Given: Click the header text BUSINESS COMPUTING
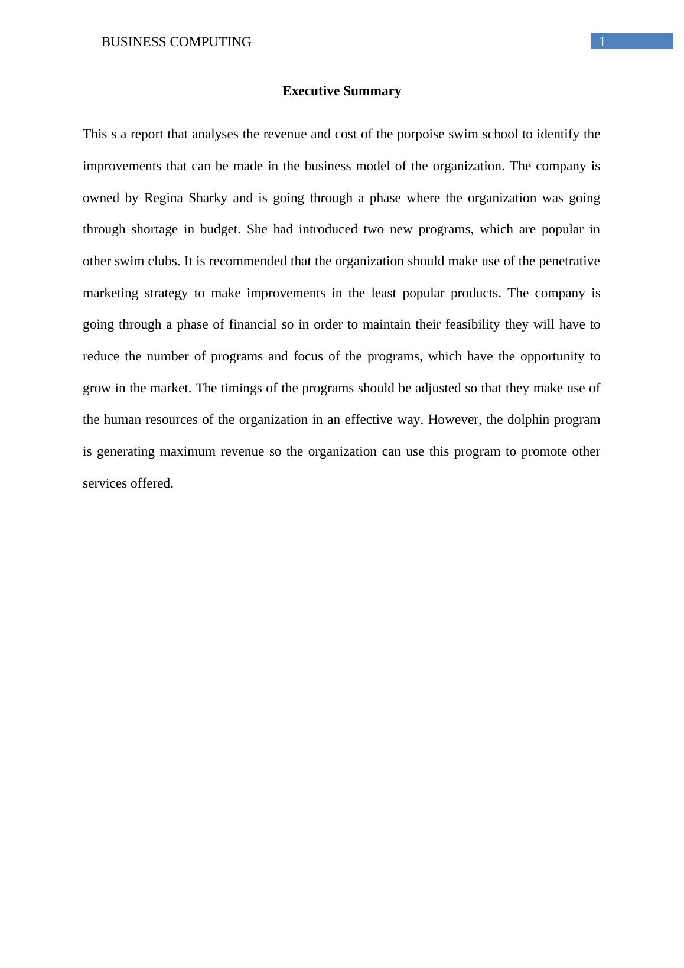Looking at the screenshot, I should pos(176,42).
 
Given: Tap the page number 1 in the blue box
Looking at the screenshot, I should pos(602,42).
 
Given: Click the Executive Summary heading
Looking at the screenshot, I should pos(341,91).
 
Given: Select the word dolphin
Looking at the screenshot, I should pos(528,420).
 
